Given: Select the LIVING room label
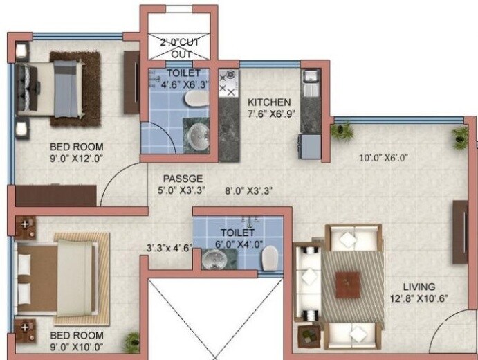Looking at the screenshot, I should (419, 286).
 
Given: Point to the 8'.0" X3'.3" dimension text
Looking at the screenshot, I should (246, 190).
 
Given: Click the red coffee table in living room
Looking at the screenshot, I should (347, 284).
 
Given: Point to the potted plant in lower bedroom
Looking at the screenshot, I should (131, 341).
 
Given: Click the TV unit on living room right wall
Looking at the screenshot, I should (459, 233).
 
